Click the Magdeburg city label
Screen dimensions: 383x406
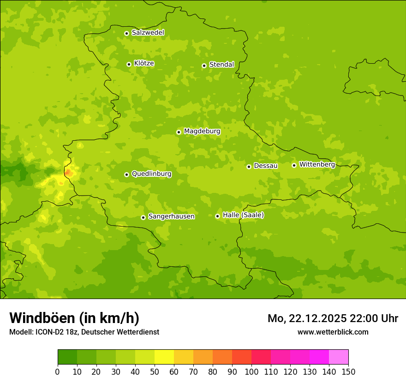coord(202,132)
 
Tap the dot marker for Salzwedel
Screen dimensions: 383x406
coord(126,33)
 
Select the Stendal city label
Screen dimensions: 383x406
coord(221,65)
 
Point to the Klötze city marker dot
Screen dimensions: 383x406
coord(129,64)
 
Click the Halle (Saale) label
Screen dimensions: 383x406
coord(243,215)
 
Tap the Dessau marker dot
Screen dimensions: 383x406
coord(249,167)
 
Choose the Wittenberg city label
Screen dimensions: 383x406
coord(317,164)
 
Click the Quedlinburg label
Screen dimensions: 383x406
coord(151,174)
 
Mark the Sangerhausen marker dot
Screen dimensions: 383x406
coord(143,217)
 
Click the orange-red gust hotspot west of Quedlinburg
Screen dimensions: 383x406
coord(68,173)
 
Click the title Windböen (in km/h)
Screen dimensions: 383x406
coord(74,318)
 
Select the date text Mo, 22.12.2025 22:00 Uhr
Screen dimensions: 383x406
coord(333,318)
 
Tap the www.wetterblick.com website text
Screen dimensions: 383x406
coord(333,332)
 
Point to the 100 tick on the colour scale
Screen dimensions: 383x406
coord(251,371)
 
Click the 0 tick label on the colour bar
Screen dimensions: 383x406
coord(58,371)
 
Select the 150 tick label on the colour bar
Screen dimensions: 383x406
coord(348,371)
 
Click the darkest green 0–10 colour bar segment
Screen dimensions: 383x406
coord(67,357)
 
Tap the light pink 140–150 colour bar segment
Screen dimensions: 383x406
coord(339,357)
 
